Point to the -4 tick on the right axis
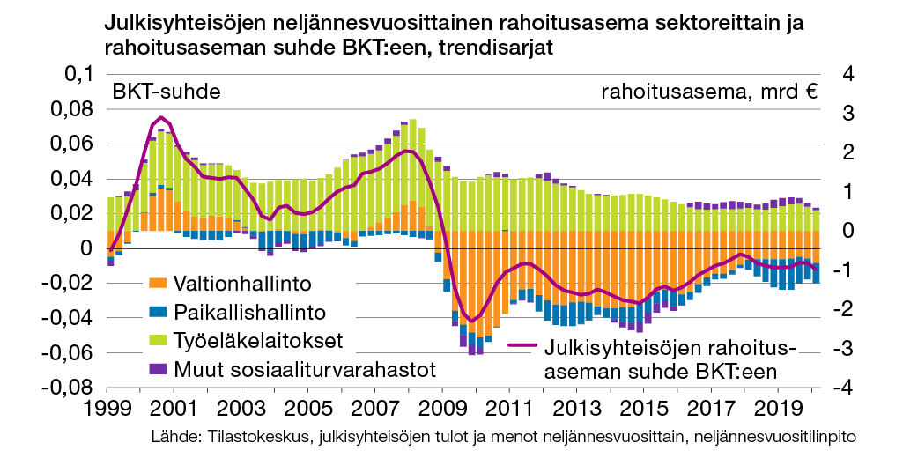click(821, 387)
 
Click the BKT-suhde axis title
click(166, 91)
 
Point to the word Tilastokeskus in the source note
click(241, 437)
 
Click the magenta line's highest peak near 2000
click(159, 117)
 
